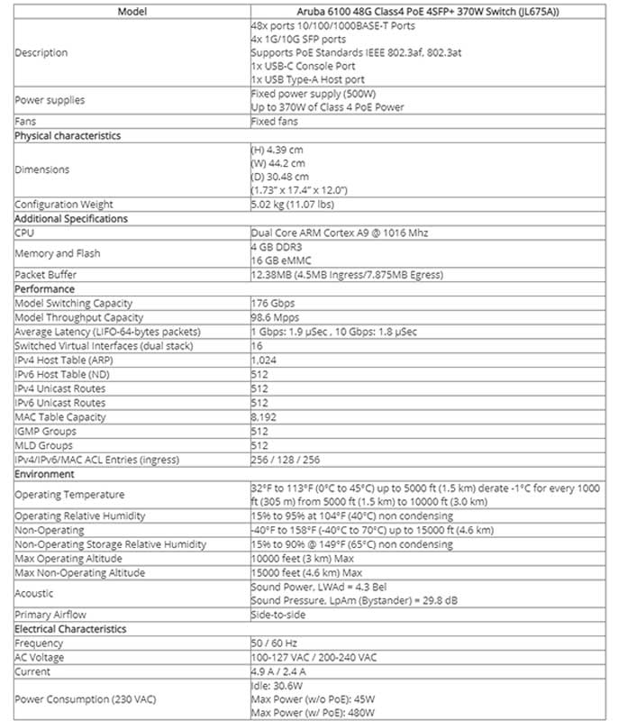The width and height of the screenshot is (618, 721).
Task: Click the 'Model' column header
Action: pyautogui.click(x=131, y=12)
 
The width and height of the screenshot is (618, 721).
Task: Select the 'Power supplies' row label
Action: pyautogui.click(x=50, y=100)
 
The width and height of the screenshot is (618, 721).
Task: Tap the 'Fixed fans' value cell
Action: pyautogui.click(x=274, y=122)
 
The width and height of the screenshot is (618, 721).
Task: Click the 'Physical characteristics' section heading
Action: pyautogui.click(x=68, y=136)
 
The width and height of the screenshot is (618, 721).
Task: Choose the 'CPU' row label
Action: pyautogui.click(x=24, y=233)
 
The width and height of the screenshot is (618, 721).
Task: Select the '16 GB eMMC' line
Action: pyautogui.click(x=281, y=260)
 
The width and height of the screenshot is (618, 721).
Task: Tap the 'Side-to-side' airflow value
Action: pyautogui.click(x=279, y=615)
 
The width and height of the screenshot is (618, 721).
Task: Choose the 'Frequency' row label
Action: pyautogui.click(x=39, y=643)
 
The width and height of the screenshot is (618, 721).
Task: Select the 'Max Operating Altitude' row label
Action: pyautogui.click(x=68, y=559)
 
